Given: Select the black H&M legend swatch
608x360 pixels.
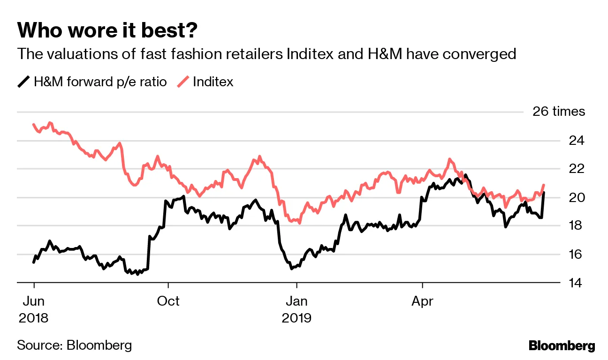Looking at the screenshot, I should pos(23,82).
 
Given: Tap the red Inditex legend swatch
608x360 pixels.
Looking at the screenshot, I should pos(183,82).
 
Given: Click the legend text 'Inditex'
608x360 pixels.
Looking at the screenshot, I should pos(213,82).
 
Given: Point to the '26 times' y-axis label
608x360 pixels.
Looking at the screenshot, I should pos(559,112).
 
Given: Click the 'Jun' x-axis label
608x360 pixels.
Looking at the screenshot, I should pos(34,301).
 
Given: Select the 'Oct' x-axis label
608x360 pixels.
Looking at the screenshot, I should pos(168,301).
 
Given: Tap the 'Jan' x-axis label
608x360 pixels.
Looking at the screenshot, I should pos(296,301).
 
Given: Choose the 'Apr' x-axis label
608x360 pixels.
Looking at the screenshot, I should pos(423,301).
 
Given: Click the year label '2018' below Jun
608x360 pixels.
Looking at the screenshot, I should pos(34,318).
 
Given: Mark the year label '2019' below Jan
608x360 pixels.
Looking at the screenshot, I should pos(296,318).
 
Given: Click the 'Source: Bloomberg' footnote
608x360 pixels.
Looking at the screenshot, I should pos(75,346).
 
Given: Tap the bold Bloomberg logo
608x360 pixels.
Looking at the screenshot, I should pos(562,346).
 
